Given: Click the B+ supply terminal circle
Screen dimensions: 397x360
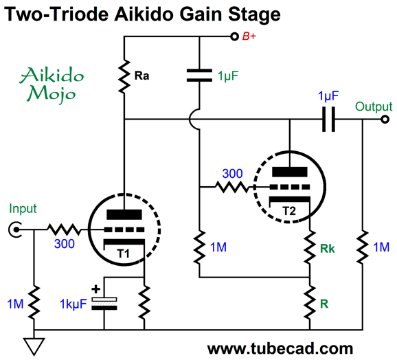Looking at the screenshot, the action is click(x=234, y=36).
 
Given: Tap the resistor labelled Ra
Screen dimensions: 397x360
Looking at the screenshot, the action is click(x=124, y=76).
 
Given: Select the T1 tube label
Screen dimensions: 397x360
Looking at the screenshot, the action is click(x=124, y=254).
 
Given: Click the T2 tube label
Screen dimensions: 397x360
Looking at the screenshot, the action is click(x=289, y=211).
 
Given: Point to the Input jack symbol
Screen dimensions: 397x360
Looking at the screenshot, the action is click(x=14, y=229).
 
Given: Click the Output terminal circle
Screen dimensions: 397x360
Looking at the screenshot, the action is click(x=385, y=120).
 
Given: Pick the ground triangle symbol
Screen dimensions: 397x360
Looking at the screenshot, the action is click(x=34, y=346).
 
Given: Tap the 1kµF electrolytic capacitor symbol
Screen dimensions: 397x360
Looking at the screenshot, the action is click(x=104, y=304).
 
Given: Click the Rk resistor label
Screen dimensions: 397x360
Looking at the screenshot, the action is click(x=328, y=249).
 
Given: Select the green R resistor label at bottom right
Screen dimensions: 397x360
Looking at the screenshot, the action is click(x=324, y=304).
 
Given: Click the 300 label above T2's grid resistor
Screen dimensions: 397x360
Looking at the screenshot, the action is click(x=232, y=174).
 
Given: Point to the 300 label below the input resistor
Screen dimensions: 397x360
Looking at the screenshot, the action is click(x=65, y=243).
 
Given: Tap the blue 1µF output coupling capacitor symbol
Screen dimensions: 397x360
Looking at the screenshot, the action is click(x=328, y=120).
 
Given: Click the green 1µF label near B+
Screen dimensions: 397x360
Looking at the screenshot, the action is click(x=228, y=76).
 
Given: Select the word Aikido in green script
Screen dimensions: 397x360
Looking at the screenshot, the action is click(x=52, y=75).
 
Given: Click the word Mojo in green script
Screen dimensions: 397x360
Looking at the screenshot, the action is click(x=52, y=94).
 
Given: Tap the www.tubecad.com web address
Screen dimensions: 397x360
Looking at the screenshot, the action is click(x=280, y=348).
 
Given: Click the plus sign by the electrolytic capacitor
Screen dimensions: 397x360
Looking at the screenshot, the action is click(x=95, y=289).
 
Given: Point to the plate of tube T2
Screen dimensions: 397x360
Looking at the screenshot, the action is click(x=290, y=172).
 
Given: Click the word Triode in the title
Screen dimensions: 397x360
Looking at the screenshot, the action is click(x=80, y=14).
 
